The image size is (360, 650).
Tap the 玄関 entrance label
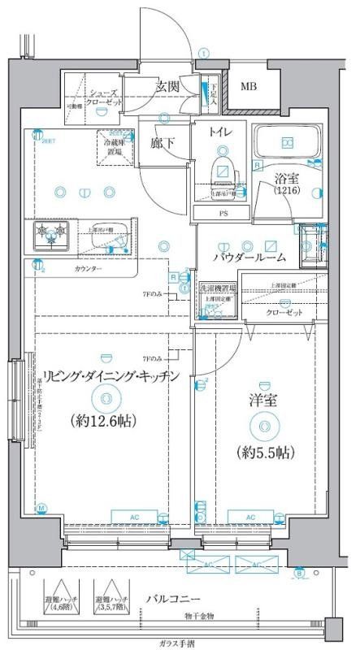tap(167, 86)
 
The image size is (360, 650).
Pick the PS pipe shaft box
tap(222, 214)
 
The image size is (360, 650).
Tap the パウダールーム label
tap(249, 257)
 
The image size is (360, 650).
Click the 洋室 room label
tap(262, 400)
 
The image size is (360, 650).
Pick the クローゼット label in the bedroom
tap(284, 312)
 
